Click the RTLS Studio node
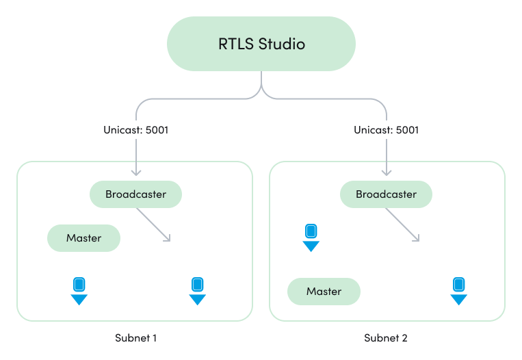tap(261, 44)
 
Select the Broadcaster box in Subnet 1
tap(135, 194)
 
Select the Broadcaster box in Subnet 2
tap(386, 194)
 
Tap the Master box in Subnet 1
tap(83, 238)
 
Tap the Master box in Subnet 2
tap(324, 292)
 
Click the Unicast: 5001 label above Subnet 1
tap(136, 129)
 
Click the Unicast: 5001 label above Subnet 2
tap(387, 129)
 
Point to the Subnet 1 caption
tap(136, 338)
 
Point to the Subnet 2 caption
tap(386, 338)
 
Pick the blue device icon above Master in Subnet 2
tap(311, 237)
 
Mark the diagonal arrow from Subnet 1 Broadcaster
tap(154, 224)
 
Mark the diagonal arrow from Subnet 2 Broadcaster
tap(404, 224)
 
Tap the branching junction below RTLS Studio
tap(261, 89)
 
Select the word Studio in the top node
tap(282, 44)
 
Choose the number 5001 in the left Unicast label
tap(155, 129)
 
